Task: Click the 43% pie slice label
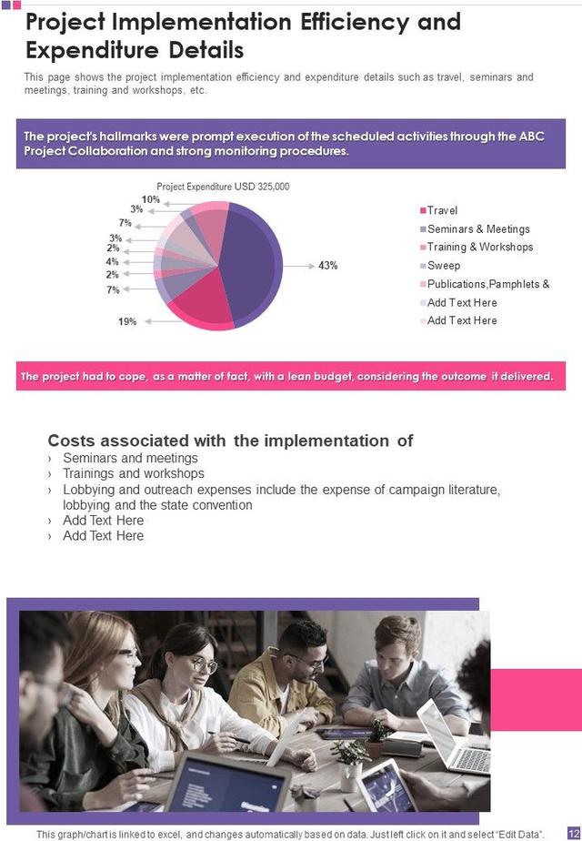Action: (x=327, y=266)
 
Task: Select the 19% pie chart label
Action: (x=127, y=321)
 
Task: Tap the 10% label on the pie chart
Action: (x=151, y=199)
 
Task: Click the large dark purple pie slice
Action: (x=246, y=259)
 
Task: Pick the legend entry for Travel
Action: (x=442, y=210)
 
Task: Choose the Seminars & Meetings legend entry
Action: (x=477, y=229)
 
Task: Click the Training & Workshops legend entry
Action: (x=479, y=248)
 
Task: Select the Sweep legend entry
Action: (x=443, y=266)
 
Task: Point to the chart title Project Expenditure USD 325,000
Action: (x=223, y=187)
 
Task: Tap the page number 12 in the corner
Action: (x=573, y=833)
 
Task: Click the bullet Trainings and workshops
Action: (x=133, y=473)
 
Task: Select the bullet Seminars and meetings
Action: (x=130, y=458)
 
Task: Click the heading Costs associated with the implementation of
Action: (x=230, y=441)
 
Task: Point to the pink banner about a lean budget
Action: (x=290, y=376)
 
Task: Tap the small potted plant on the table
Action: (x=350, y=755)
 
